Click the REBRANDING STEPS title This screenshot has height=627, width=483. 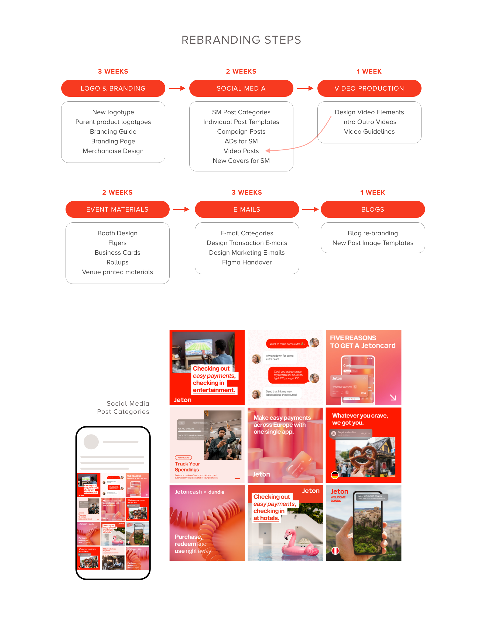(241, 40)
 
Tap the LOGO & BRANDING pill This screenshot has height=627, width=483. (113, 88)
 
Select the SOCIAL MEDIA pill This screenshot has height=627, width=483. (241, 88)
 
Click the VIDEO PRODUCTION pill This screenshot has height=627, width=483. (369, 88)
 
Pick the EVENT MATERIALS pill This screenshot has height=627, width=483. (118, 209)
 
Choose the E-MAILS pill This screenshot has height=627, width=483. (247, 209)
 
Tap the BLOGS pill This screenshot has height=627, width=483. (373, 209)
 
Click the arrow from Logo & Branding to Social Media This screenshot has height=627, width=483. (177, 88)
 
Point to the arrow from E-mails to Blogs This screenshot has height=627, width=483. (310, 209)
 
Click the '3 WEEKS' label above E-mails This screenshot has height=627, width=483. (247, 192)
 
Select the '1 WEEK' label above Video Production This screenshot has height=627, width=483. (369, 71)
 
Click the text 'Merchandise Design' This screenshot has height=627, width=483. (113, 151)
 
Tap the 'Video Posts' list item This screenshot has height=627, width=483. (241, 151)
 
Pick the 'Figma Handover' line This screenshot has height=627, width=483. (247, 262)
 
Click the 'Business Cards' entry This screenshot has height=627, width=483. (118, 253)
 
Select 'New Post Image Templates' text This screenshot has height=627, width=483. (373, 243)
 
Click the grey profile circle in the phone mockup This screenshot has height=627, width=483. (91, 442)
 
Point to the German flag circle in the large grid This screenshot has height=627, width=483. (334, 475)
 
